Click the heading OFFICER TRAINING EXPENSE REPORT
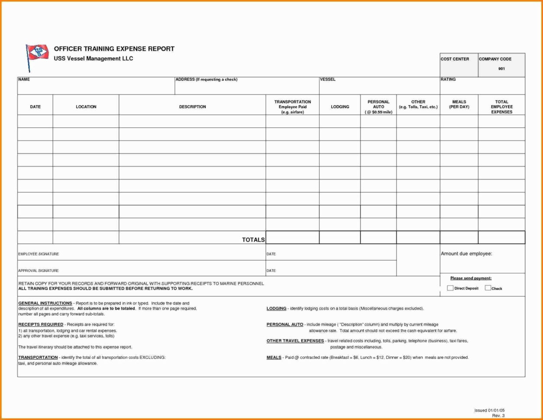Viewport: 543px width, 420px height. (114, 49)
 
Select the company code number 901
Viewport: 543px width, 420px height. (501, 69)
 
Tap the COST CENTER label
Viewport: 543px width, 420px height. (454, 59)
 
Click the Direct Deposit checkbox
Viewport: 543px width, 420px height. (450, 288)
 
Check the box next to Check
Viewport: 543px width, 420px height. (488, 288)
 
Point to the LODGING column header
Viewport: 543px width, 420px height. (339, 107)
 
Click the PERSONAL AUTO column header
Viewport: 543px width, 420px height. (378, 107)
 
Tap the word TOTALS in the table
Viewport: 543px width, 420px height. (253, 240)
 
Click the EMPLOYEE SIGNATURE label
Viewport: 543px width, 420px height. (39, 254)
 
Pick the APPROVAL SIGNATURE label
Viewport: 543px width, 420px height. (38, 271)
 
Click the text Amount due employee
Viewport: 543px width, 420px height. (466, 254)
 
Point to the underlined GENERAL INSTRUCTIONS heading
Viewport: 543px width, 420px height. (45, 303)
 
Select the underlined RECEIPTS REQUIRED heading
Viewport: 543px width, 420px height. (41, 324)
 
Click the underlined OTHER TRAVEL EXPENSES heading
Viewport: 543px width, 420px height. (295, 341)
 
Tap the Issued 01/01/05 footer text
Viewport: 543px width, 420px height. (489, 410)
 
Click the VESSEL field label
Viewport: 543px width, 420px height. (327, 80)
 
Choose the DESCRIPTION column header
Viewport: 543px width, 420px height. (192, 107)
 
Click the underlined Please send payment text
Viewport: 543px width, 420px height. (470, 278)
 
